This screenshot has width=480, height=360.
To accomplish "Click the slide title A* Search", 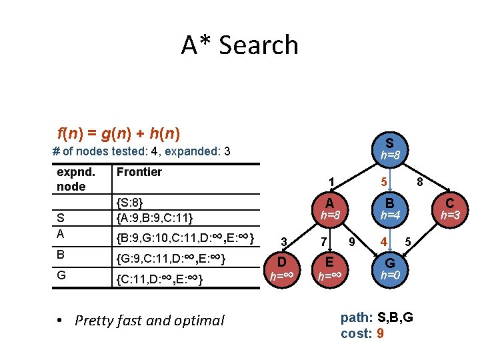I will pyautogui.click(x=239, y=45).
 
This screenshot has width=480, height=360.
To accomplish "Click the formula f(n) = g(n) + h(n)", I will pyautogui.click(x=119, y=133).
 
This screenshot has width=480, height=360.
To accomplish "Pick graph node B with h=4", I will pyautogui.click(x=389, y=208).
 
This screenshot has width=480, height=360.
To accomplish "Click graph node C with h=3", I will pyautogui.click(x=450, y=208).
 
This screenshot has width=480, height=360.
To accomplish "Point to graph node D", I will pyautogui.click(x=282, y=267).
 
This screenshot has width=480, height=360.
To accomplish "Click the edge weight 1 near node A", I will pyautogui.click(x=331, y=180).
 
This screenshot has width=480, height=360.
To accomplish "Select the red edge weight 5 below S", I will pyautogui.click(x=384, y=180).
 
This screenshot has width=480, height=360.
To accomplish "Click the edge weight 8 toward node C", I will pyautogui.click(x=420, y=180).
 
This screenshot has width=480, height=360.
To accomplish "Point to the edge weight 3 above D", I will pyautogui.click(x=284, y=241).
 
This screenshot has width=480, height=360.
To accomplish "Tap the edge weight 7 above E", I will pyautogui.click(x=323, y=241).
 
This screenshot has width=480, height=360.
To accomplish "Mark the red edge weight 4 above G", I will pyautogui.click(x=383, y=240).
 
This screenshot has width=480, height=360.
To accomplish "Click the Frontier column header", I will pyautogui.click(x=139, y=172).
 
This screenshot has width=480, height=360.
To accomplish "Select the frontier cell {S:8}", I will pyautogui.click(x=130, y=202).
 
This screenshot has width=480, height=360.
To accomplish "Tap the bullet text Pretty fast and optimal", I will pyautogui.click(x=149, y=321).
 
